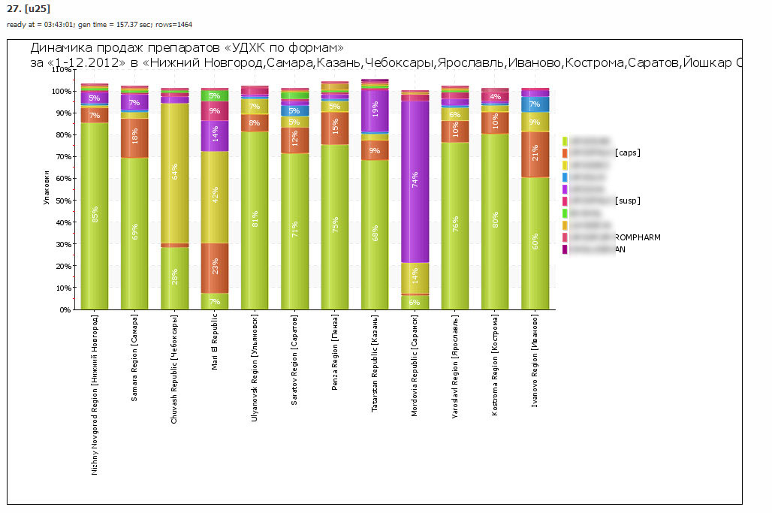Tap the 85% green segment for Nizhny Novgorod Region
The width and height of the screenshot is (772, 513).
tap(95, 216)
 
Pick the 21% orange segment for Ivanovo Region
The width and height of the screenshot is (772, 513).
tap(535, 154)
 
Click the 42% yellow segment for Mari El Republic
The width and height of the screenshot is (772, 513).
tap(215, 195)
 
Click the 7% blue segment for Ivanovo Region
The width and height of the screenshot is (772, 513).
tap(535, 104)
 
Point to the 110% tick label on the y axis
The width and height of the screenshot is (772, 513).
tap(59, 69)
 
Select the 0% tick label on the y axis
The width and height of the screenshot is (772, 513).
tap(64, 309)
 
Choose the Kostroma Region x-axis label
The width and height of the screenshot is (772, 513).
tap(495, 363)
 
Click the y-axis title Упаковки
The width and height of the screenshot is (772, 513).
tap(47, 189)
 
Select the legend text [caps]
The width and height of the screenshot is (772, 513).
tap(627, 152)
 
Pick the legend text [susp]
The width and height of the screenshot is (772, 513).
tap(627, 201)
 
